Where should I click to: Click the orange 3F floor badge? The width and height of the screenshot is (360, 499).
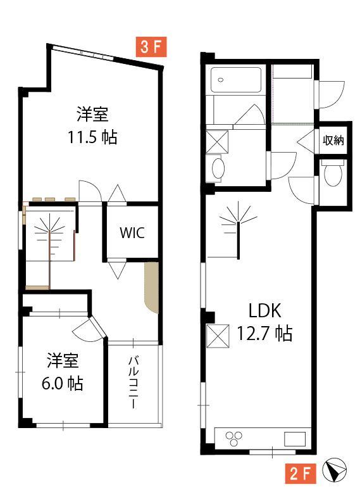click(x=151, y=47)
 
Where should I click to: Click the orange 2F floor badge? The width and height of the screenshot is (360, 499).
click(x=301, y=474)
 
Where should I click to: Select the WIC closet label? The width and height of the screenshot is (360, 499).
click(x=132, y=233)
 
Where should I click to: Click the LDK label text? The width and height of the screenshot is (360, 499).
click(x=265, y=310)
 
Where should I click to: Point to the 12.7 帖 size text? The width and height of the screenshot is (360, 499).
click(x=264, y=334)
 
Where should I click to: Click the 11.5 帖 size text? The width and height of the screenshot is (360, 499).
click(x=92, y=137)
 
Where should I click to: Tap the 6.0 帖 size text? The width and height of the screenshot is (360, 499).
click(x=63, y=383)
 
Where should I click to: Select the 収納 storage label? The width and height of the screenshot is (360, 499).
click(x=333, y=140)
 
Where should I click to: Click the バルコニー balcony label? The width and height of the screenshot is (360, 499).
click(x=133, y=382)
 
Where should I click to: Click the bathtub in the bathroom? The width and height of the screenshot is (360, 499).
click(x=236, y=80)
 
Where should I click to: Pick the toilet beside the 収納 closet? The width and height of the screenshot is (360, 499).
click(x=333, y=172)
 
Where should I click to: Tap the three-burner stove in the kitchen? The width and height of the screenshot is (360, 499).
click(x=233, y=438)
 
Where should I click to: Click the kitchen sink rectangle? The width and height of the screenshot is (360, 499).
click(x=295, y=439)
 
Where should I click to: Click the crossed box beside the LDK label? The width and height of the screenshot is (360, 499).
click(x=218, y=336)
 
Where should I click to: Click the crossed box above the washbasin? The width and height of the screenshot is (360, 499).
click(x=217, y=142)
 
